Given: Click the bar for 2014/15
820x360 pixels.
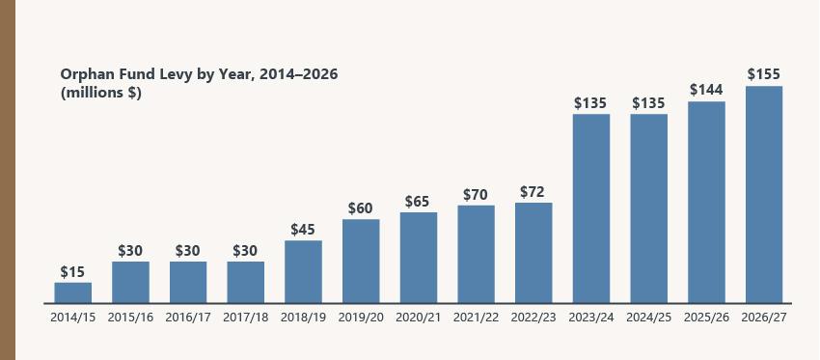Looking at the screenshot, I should [73, 292].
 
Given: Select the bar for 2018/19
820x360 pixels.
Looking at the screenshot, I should [304, 271].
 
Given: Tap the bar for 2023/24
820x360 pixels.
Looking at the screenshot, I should [591, 208].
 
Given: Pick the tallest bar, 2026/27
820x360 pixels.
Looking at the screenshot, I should [764, 194].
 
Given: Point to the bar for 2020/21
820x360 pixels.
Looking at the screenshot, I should [419, 257].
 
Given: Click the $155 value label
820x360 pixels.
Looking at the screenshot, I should [764, 74].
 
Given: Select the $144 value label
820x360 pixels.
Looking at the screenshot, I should [706, 90].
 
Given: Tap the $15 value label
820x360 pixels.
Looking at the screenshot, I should [73, 271].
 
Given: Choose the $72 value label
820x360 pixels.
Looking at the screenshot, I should [533, 191].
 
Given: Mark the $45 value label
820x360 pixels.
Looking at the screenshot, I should [304, 230].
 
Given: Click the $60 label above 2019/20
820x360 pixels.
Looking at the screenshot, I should [361, 208].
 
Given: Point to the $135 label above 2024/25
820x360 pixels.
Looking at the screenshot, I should [649, 102].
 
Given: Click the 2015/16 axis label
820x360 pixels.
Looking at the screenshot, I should [130, 318].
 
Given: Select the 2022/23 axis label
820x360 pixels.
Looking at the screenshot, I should [533, 318].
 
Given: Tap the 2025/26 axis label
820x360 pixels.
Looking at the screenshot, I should [706, 318].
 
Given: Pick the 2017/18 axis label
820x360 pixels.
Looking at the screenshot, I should [246, 318].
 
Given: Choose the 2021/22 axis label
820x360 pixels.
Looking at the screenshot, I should [476, 318].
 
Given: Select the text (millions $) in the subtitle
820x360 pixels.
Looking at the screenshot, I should [101, 93].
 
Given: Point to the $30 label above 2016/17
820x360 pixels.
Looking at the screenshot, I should [188, 250].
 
